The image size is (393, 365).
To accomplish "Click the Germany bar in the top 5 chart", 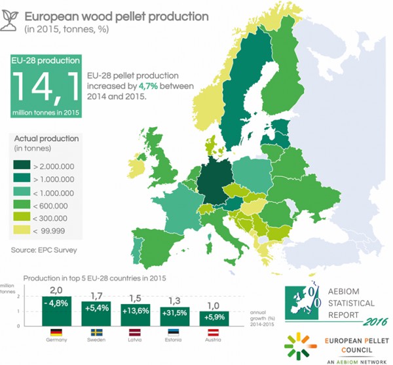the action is pyautogui.click(x=56, y=311).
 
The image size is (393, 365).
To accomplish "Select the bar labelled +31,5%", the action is pyautogui.click(x=175, y=317).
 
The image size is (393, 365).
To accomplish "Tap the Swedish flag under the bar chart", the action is pyautogui.click(x=96, y=332).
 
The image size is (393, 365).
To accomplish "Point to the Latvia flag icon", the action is pyautogui.click(x=135, y=332).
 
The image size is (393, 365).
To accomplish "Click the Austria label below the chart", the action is pyautogui.click(x=213, y=339).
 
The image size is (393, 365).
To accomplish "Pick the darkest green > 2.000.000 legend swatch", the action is pyautogui.click(x=22, y=165).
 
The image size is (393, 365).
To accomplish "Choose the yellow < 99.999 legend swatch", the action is pyautogui.click(x=22, y=229).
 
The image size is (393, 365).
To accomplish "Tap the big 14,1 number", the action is pyautogui.click(x=46, y=86).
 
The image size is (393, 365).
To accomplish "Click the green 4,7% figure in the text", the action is pyautogui.click(x=148, y=86).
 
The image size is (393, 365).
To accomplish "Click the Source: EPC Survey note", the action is pyautogui.click(x=44, y=250).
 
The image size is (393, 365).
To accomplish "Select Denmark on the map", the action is pyautogui.click(x=213, y=146).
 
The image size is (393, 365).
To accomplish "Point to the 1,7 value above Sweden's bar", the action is pyautogui.click(x=96, y=296).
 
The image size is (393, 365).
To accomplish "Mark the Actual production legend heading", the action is pyautogui.click(x=47, y=139).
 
